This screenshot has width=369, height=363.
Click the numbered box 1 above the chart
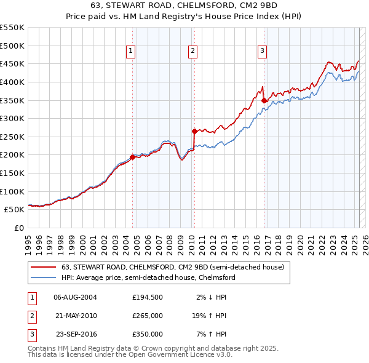coord(132,51)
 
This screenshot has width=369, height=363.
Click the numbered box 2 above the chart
coord(193,51)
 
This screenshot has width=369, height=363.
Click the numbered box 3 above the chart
coord(262,51)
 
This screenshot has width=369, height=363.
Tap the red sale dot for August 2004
coord(132,157)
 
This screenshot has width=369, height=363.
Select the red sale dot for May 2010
coord(194,131)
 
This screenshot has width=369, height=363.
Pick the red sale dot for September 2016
coord(264,100)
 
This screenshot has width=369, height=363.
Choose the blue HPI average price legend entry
coord(148,277)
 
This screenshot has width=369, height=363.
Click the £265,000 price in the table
coord(148,316)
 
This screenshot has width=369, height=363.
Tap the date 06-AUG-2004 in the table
coord(75,297)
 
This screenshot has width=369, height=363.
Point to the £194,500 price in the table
coord(148,297)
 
